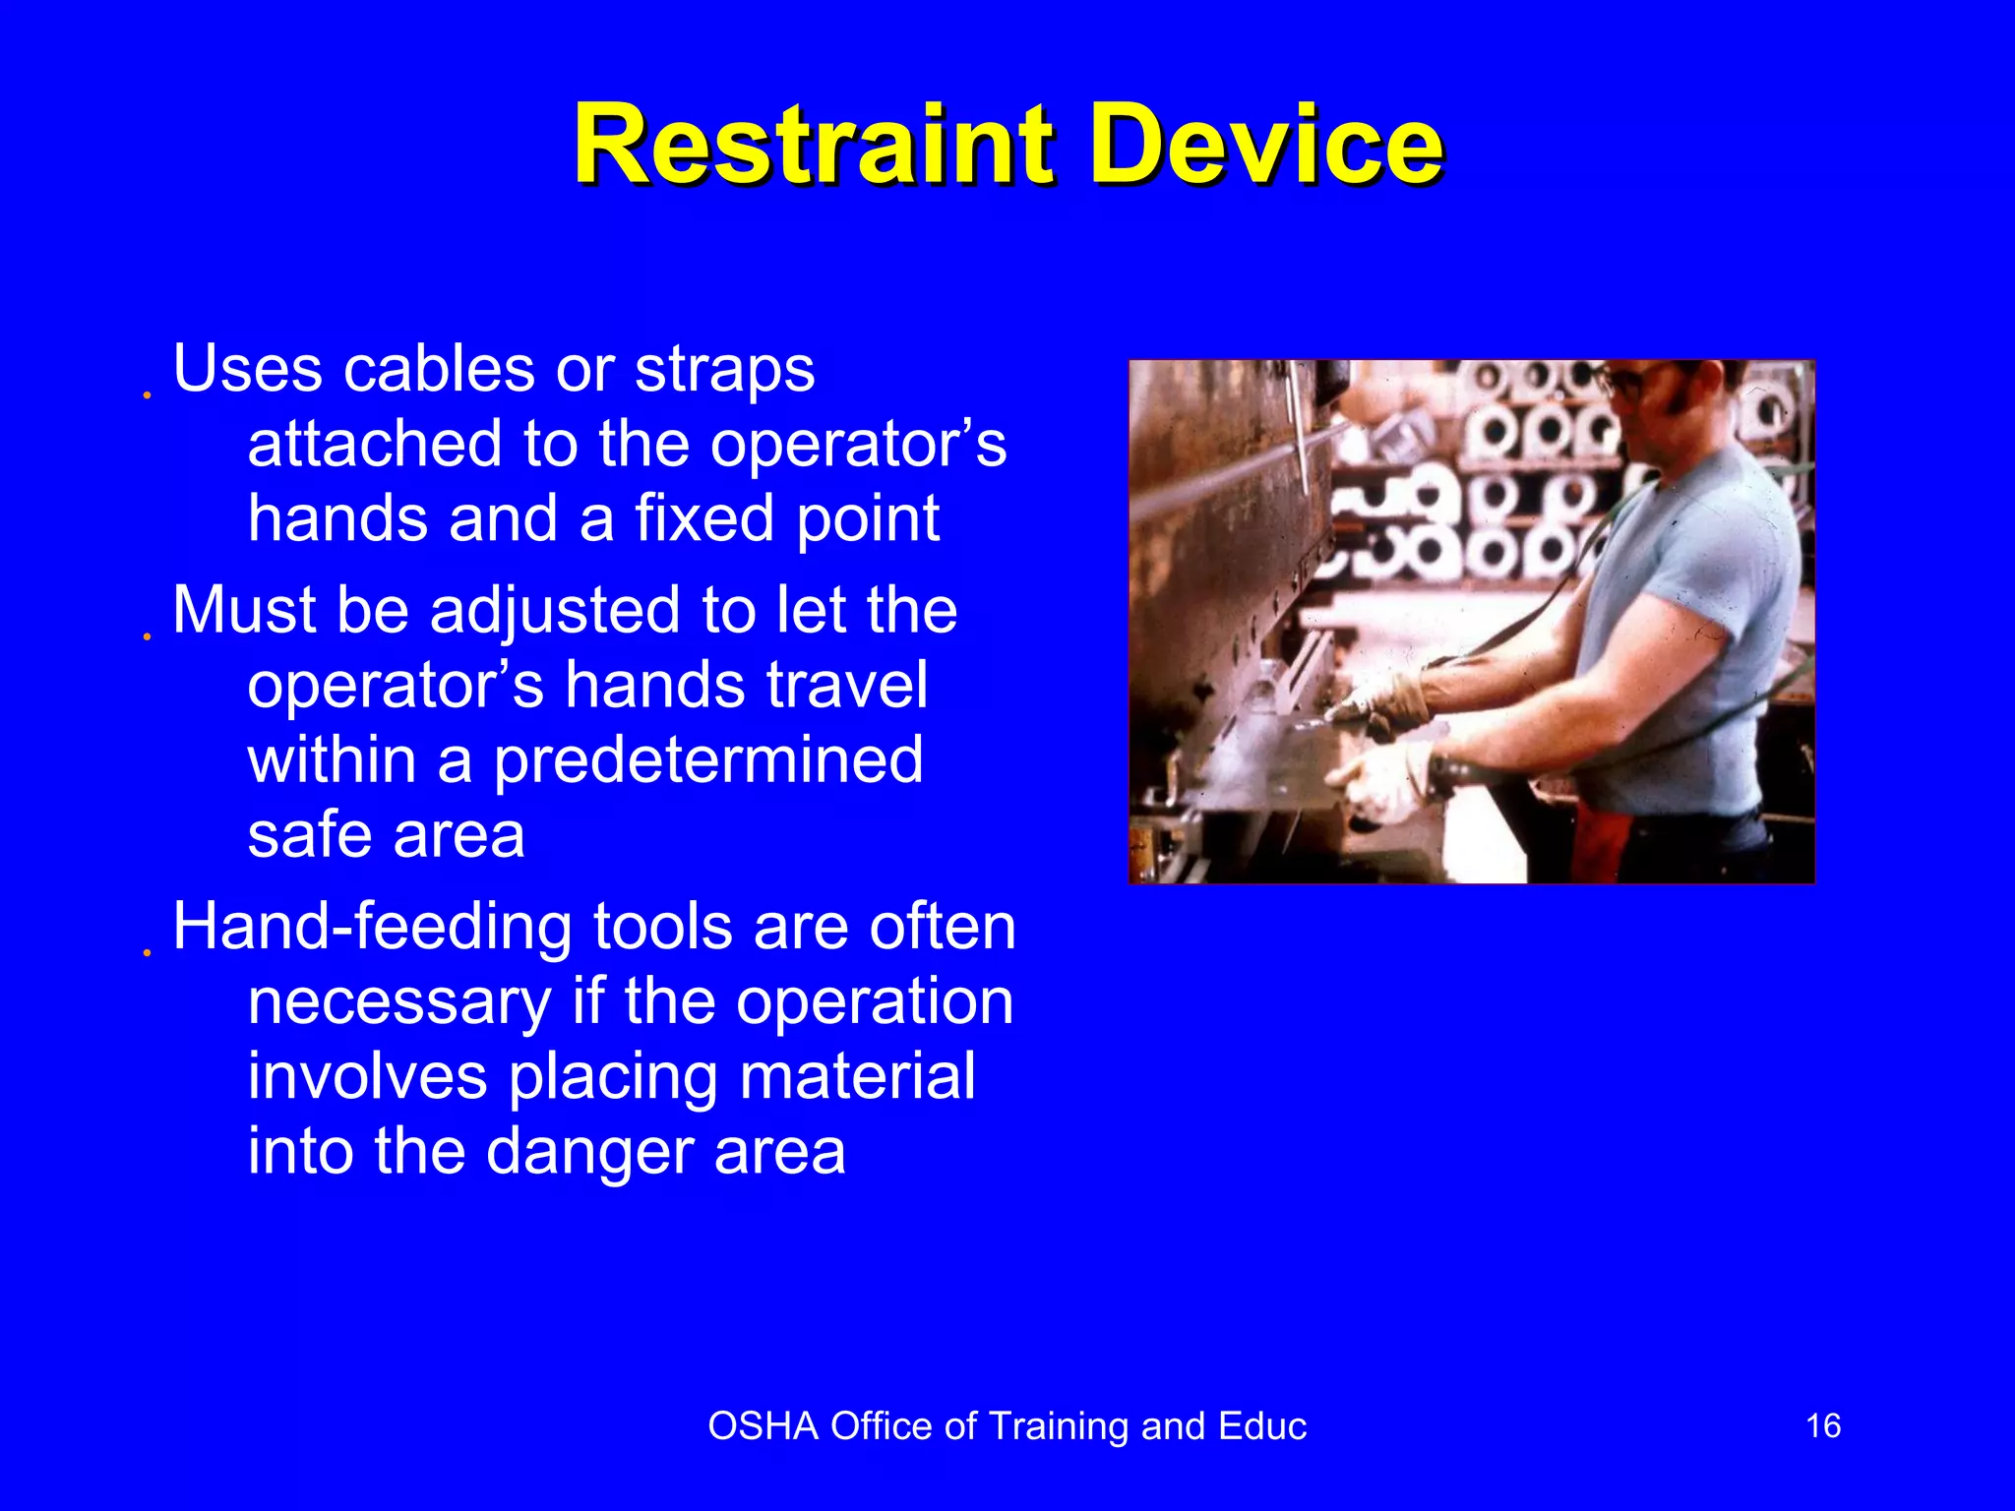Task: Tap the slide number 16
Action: tap(1823, 1425)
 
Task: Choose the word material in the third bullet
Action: tap(857, 1076)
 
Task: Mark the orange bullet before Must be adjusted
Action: tap(147, 636)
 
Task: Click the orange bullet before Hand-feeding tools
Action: tap(147, 953)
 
